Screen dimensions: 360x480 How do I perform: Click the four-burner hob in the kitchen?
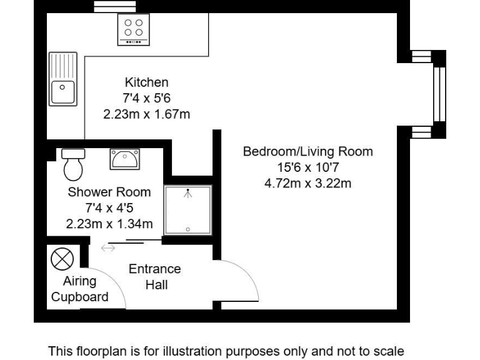pos(134,29)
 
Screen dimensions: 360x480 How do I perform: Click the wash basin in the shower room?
pos(125,159)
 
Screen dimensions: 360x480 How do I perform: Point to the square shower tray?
pos(188,210)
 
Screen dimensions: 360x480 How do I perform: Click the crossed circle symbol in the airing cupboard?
pos(62,258)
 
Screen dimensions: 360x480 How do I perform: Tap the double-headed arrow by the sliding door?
pos(108,249)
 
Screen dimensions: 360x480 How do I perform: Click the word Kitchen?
pos(146,82)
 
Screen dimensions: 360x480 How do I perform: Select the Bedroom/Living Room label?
pos(307,151)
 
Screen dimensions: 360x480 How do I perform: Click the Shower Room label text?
pos(109,192)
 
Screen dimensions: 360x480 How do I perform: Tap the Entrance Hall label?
pos(154,277)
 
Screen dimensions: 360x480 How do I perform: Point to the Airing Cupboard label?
pos(79,289)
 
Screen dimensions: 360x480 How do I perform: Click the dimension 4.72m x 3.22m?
pos(307,184)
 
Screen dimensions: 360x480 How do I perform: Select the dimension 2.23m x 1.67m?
pos(146,114)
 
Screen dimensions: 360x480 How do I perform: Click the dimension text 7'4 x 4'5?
pos(109,208)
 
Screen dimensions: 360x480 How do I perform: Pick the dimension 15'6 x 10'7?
pos(307,167)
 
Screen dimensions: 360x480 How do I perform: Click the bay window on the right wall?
pos(439,94)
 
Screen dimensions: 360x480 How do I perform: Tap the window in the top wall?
pos(106,6)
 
